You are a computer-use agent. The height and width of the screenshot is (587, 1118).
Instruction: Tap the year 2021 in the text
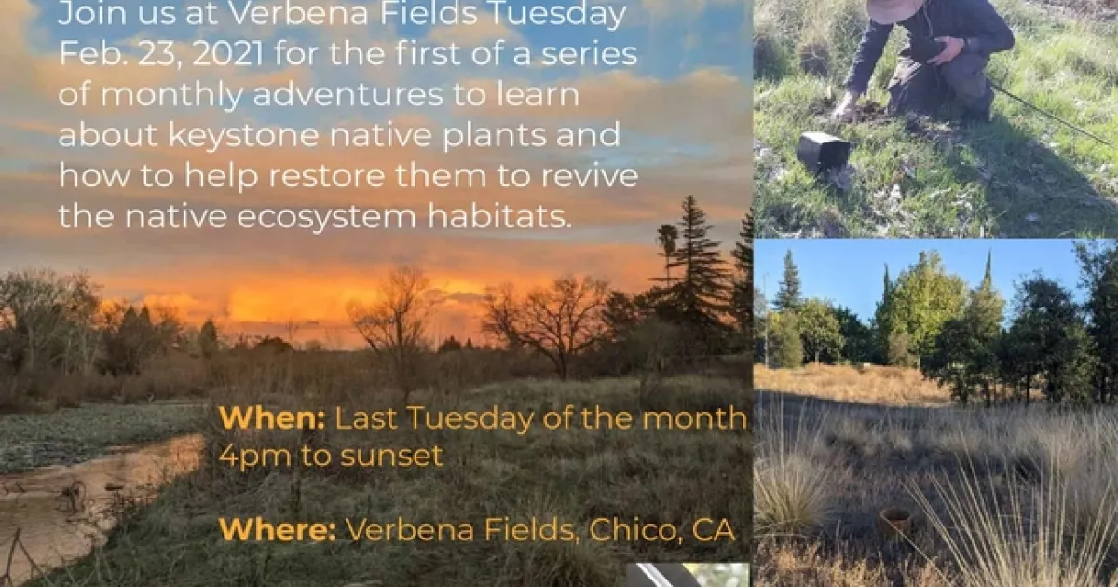coord(227,54)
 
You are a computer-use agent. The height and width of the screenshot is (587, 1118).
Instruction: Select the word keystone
coord(244,135)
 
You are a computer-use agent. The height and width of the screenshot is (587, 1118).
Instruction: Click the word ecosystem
coord(326,216)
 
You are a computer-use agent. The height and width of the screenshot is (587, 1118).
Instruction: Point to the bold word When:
coord(272,418)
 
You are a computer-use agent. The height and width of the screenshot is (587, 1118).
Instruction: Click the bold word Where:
coord(278,529)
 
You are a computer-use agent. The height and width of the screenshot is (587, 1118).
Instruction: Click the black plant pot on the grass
coord(823,153)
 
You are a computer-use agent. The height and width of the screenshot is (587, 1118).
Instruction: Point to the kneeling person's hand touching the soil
coord(847,109)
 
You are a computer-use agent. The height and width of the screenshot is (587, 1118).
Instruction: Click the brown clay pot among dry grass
coord(895,524)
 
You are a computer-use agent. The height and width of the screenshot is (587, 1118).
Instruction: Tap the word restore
coord(327,176)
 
